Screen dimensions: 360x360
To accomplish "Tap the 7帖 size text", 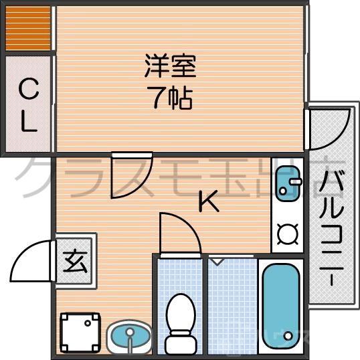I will pos(171,98).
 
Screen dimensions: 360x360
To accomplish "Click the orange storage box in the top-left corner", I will pos(27,28).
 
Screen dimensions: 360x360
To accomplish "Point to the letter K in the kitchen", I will pos(209,200).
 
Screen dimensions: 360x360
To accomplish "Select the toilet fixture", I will pos(179,318).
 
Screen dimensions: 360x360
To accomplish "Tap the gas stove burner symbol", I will pos(288,234).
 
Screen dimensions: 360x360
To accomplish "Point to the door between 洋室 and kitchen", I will pos(132,175).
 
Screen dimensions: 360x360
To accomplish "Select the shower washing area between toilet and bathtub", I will pos(232,304).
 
